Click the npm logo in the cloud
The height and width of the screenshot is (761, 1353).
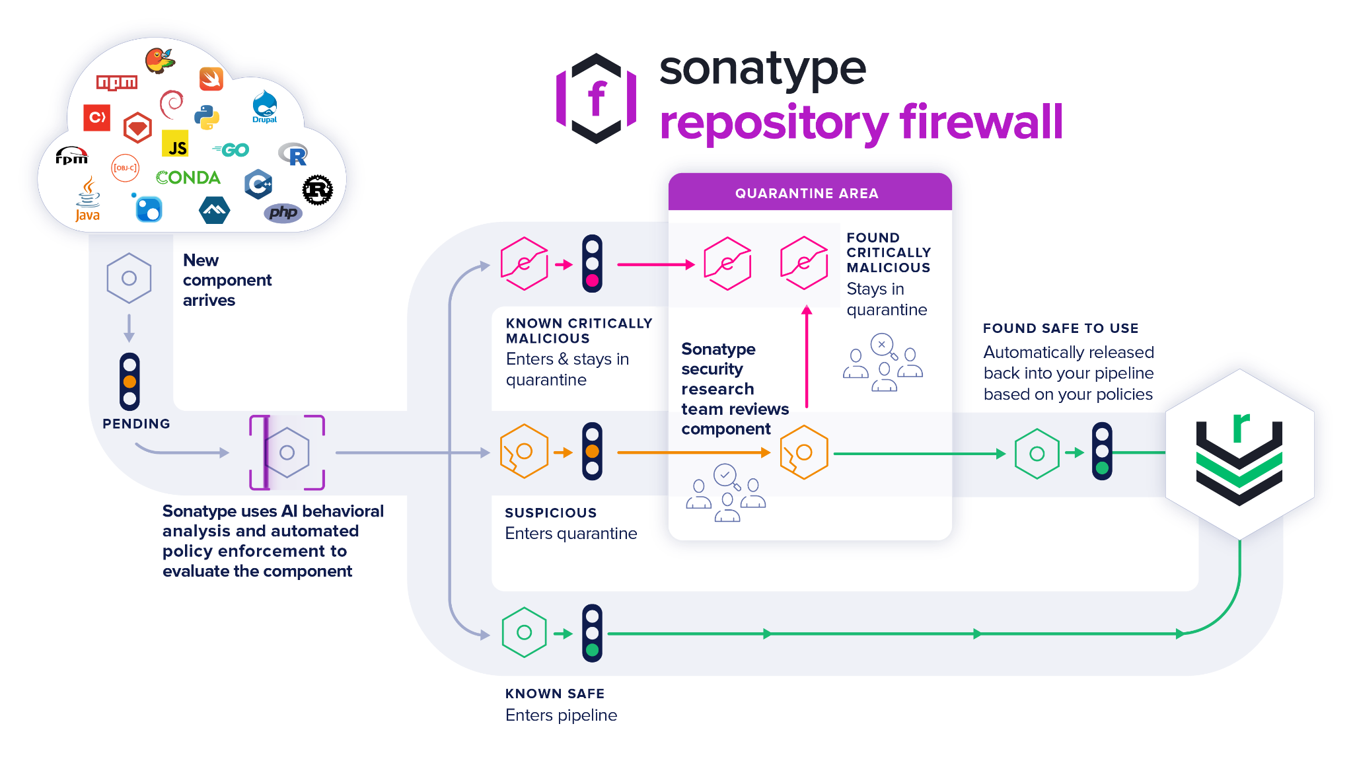point(117,83)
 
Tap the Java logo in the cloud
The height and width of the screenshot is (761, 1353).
point(87,199)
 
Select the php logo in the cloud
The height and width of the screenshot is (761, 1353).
point(283,213)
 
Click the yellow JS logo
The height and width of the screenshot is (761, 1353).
point(175,144)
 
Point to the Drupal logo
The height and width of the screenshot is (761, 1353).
point(264,107)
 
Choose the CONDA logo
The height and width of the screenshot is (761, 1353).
point(188,178)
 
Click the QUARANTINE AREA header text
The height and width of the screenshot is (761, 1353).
point(807,194)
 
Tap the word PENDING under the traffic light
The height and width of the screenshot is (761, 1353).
point(136,423)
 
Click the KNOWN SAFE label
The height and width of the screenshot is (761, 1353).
point(555,693)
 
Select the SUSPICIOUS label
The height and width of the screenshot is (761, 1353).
point(550,513)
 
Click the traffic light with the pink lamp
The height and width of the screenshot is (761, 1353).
point(592,264)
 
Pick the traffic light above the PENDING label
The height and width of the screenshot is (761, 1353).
point(129,381)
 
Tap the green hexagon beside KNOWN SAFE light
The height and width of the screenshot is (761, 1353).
point(524,632)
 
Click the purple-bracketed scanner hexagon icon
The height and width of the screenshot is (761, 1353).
point(287,453)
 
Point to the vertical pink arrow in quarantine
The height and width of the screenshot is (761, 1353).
point(807,357)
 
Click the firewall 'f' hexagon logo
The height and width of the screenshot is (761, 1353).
point(597,98)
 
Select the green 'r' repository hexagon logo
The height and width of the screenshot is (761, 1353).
point(1239,453)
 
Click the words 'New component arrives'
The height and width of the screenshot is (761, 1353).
point(227,280)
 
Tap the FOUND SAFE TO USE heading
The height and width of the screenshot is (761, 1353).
point(1060,328)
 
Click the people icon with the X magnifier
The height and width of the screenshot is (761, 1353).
point(883,363)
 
